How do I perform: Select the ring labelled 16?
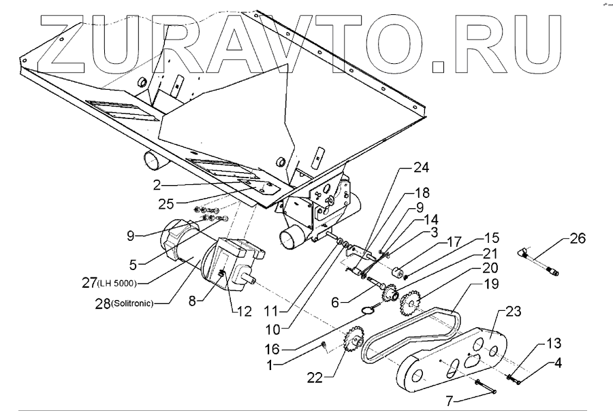(368, 310)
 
